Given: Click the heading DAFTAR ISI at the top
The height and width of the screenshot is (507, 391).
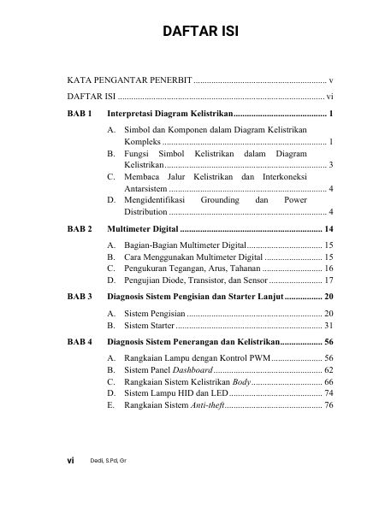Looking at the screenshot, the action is tap(195, 33).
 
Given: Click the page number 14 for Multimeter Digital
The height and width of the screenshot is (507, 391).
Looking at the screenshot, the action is tap(329, 230).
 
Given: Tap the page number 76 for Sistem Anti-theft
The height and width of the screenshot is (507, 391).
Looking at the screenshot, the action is tap(329, 406).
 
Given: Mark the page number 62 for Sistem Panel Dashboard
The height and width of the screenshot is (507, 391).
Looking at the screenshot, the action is tap(329, 370).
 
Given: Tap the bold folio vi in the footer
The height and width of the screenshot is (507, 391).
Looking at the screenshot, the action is tap(71, 460).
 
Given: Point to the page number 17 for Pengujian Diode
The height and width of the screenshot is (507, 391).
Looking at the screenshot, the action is tap(329, 280).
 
